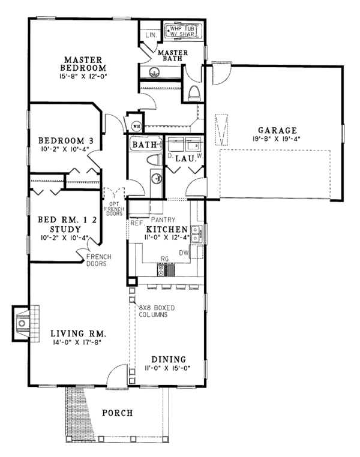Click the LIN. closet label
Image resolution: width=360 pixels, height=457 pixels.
click(x=151, y=35)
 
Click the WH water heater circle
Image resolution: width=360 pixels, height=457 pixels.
click(x=137, y=126)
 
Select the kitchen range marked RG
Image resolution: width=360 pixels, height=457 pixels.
click(x=169, y=269)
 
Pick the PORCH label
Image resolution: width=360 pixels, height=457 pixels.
click(x=116, y=413)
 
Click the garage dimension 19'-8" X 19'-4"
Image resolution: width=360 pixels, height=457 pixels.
click(x=277, y=139)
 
